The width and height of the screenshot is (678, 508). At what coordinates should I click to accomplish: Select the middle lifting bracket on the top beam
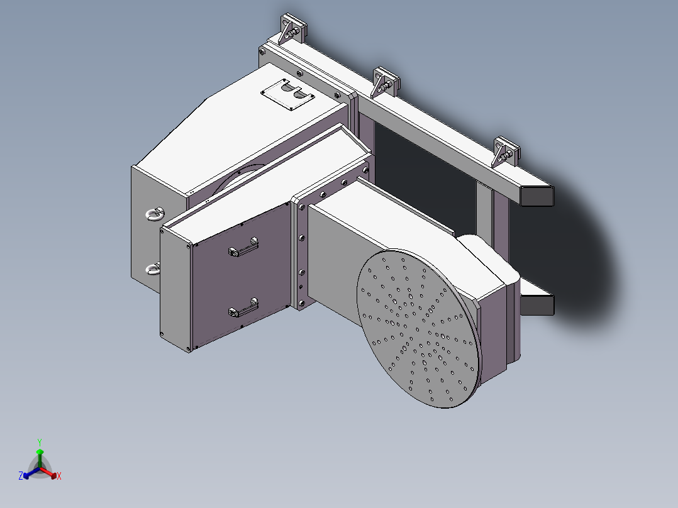tap(384, 82)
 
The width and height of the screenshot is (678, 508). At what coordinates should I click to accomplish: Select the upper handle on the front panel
tap(243, 249)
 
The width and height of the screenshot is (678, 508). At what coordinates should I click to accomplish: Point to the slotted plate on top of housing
tap(288, 95)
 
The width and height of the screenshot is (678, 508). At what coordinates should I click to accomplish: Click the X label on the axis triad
tap(59, 477)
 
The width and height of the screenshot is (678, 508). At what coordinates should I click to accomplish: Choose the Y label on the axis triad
tap(40, 442)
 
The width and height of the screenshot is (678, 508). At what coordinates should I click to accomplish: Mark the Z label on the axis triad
tap(21, 476)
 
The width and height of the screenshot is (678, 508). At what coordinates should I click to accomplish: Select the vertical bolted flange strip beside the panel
tap(301, 255)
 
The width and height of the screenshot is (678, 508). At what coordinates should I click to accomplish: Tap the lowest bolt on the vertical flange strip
tap(302, 304)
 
